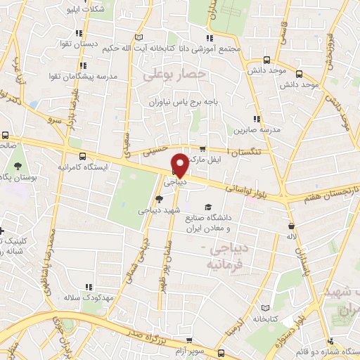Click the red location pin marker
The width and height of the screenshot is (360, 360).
tap(180, 165)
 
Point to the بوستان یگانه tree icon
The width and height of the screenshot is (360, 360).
tap(18, 167)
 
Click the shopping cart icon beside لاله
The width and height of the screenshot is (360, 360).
tap(292, 226)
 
